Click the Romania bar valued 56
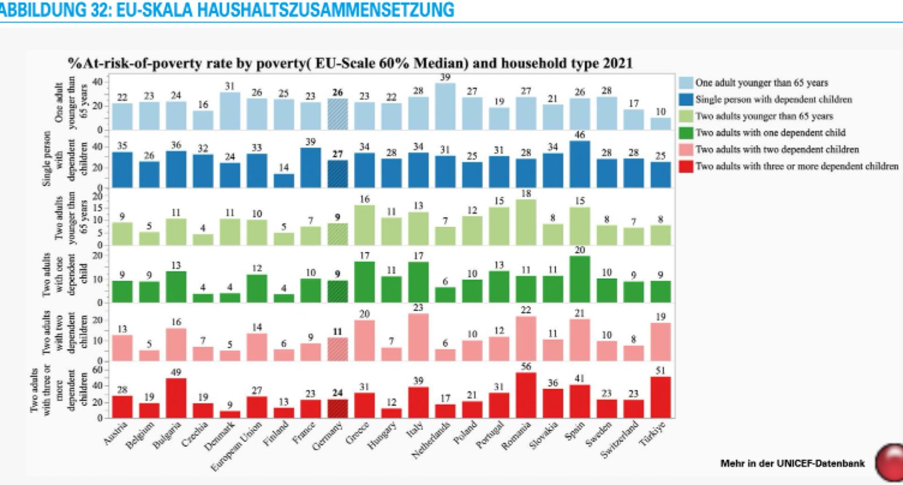pyautogui.click(x=526, y=395)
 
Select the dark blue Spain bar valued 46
pyautogui.click(x=580, y=164)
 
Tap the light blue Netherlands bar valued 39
pyautogui.click(x=445, y=107)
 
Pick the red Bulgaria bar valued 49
pyautogui.click(x=176, y=398)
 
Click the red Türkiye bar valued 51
pyautogui.click(x=660, y=397)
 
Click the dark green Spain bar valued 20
pyautogui.click(x=580, y=279)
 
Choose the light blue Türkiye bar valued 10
pyautogui.click(x=660, y=124)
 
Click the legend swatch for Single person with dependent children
pyautogui.click(x=686, y=99)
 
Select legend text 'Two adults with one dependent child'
pyautogui.click(x=770, y=133)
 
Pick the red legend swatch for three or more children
pyautogui.click(x=686, y=166)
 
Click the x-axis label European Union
pyautogui.click(x=237, y=446)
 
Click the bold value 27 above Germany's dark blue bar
pyautogui.click(x=337, y=154)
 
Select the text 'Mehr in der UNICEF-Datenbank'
pyautogui.click(x=792, y=464)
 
